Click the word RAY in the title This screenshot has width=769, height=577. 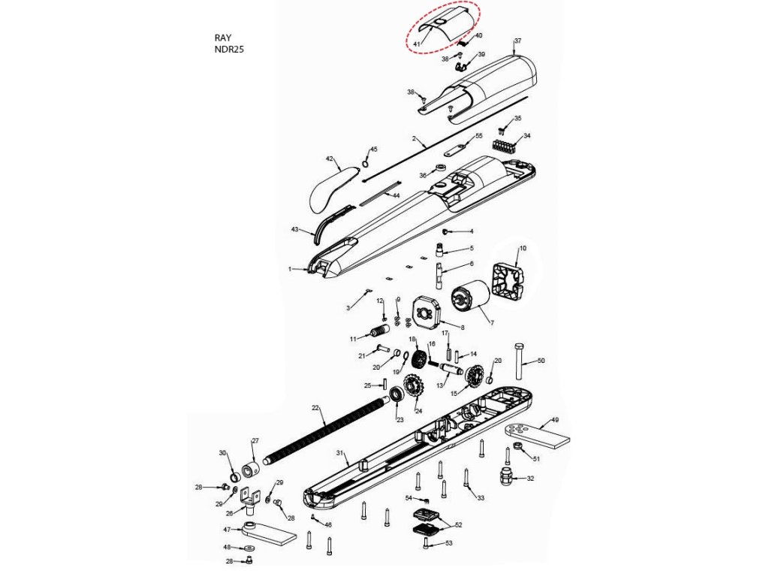(223, 37)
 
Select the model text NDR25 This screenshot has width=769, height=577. (229, 50)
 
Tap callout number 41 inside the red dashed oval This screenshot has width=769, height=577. (417, 44)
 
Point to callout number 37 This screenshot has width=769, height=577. (517, 40)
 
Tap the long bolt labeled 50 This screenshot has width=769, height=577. (519, 362)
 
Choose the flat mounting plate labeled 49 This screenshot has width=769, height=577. (538, 435)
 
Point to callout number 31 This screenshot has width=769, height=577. (339, 453)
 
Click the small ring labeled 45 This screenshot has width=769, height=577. (366, 164)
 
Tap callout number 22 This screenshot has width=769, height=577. (316, 408)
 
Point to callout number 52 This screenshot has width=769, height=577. (458, 524)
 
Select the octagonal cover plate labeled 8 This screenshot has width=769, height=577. (429, 315)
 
